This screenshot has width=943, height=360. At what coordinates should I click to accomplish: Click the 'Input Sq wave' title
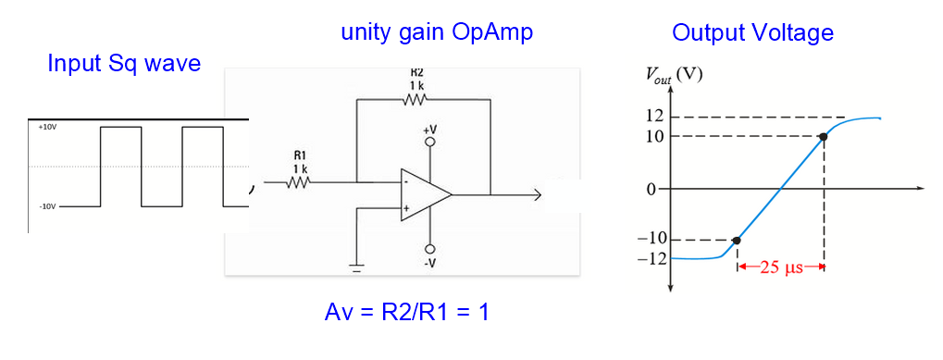pyautogui.click(x=124, y=64)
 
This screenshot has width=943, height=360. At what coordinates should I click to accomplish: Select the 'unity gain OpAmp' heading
pyautogui.click(x=437, y=32)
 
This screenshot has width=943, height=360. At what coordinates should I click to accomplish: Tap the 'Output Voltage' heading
pyautogui.click(x=752, y=33)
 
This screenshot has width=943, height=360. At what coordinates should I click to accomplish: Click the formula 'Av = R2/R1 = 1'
pyautogui.click(x=406, y=313)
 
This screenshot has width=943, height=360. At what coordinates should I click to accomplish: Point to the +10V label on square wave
pyautogui.click(x=46, y=126)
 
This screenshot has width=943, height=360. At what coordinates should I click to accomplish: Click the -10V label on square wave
pyautogui.click(x=46, y=205)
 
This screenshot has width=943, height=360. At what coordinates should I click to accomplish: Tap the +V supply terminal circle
pyautogui.click(x=429, y=143)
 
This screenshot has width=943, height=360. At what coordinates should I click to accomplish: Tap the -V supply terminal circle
pyautogui.click(x=429, y=249)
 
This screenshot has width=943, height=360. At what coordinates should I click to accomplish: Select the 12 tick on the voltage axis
pyautogui.click(x=656, y=117)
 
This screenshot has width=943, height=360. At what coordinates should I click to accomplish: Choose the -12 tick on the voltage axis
pyautogui.click(x=652, y=258)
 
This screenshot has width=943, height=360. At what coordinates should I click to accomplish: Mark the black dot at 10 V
pyautogui.click(x=823, y=137)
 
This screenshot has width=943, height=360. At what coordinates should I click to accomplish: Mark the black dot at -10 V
pyautogui.click(x=736, y=241)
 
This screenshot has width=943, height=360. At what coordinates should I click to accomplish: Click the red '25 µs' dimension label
pyautogui.click(x=779, y=268)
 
